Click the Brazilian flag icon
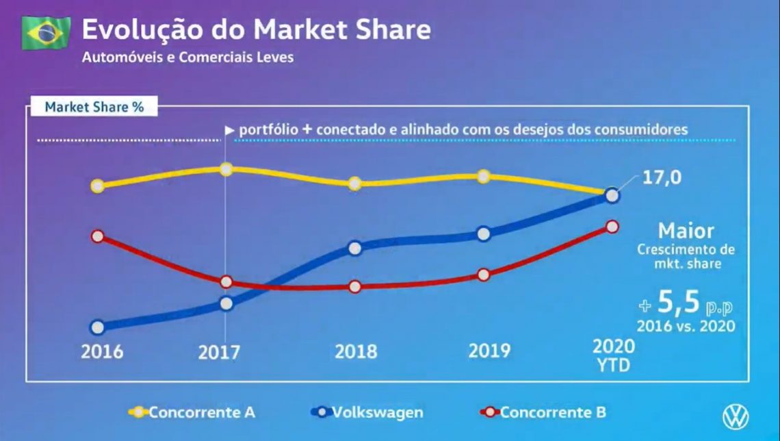[x=46, y=33]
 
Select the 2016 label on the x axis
[x=102, y=351]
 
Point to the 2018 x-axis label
[x=355, y=351]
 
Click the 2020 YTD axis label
[x=613, y=355]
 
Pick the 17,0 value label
[x=662, y=178]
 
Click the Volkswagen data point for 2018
[x=354, y=248]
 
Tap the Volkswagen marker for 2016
[x=97, y=327]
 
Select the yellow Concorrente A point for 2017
[x=226, y=169]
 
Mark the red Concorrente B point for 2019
[x=483, y=275]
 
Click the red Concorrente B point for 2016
[x=97, y=236]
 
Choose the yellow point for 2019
[x=483, y=177]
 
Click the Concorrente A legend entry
[x=192, y=412]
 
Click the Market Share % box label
[x=94, y=107]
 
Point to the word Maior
[x=686, y=230]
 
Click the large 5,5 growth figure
[x=678, y=301]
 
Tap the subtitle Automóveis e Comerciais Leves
[x=187, y=58]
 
